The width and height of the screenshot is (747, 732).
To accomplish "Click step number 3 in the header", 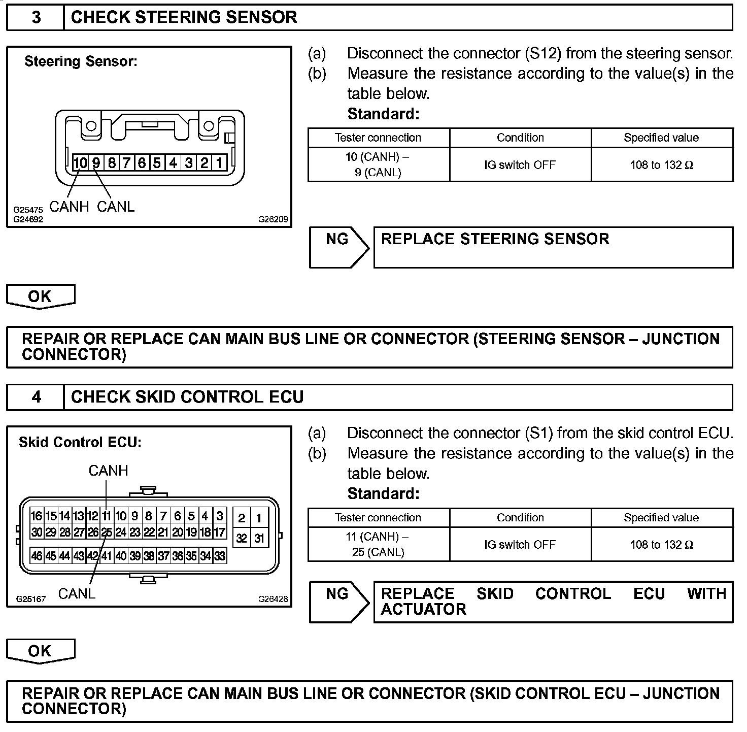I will [x=36, y=17].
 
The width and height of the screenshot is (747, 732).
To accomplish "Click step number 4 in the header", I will [x=36, y=397].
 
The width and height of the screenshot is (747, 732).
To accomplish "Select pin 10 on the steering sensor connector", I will [x=80, y=163].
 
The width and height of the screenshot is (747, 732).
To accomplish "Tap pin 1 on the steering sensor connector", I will [x=219, y=163].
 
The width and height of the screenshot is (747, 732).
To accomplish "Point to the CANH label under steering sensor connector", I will [x=69, y=207].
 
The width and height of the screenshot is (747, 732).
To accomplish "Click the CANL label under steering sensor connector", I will [x=116, y=207].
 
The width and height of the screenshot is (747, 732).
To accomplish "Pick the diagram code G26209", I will [x=273, y=220].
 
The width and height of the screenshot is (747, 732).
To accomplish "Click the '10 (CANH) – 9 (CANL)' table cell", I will [x=378, y=164].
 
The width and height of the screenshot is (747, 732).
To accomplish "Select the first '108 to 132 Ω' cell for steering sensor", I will [x=662, y=165].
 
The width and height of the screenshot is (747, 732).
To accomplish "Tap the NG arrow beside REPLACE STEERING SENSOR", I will [x=339, y=247].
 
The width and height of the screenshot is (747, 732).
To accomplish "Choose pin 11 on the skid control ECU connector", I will [x=106, y=516].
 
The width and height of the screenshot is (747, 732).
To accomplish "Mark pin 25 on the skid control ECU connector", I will [x=106, y=533].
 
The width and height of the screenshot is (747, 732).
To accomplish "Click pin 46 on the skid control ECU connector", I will [x=37, y=556].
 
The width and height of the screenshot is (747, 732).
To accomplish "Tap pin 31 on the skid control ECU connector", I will [x=259, y=538].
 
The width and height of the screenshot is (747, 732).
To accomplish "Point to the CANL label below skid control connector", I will [x=77, y=593].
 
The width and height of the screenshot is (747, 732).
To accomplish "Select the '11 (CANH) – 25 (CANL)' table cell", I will [x=378, y=544].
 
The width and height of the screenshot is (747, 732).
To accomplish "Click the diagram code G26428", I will [x=273, y=599].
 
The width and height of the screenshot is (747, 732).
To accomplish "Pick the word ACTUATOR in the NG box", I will [x=423, y=609].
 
